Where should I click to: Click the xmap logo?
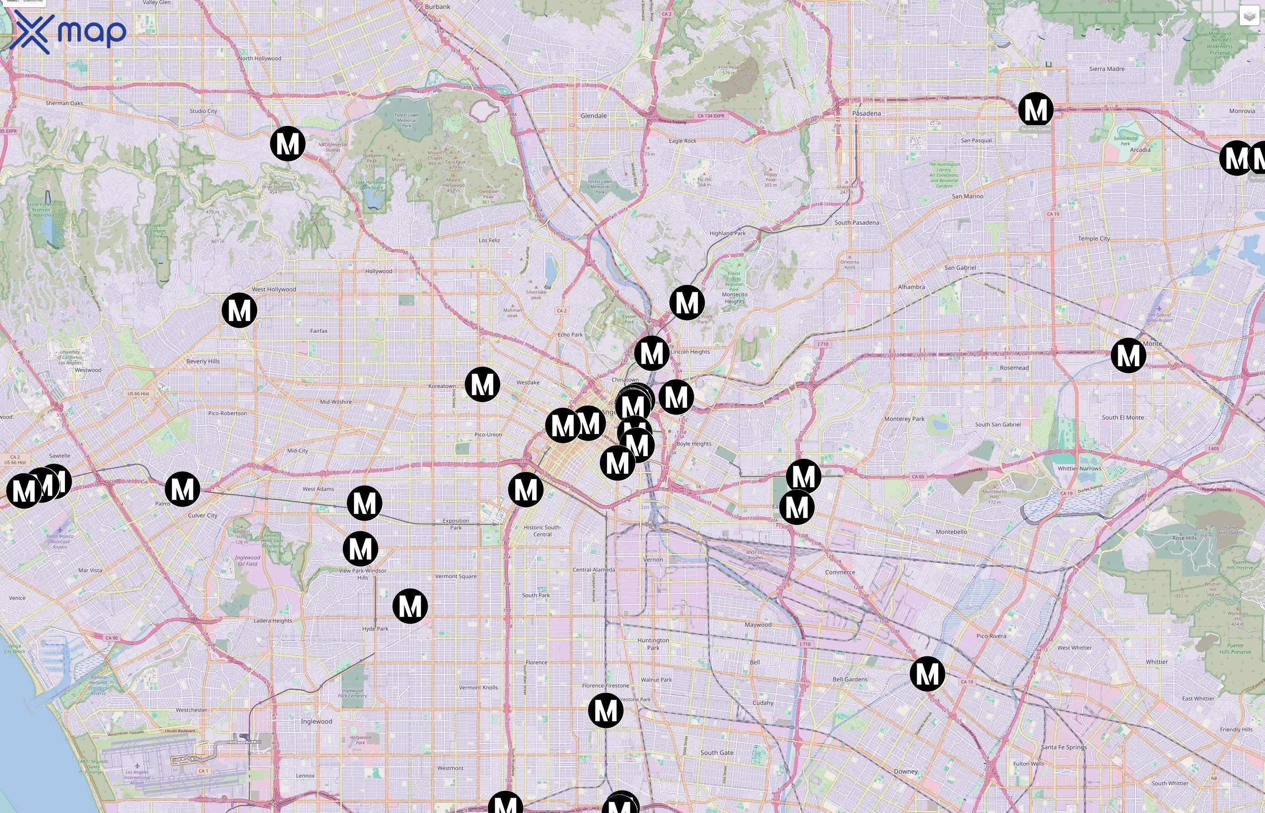click(68, 32)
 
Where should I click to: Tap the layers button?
click(1249, 16)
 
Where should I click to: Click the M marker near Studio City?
click(288, 144)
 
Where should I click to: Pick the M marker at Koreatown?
click(482, 384)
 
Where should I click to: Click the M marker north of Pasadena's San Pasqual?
click(1035, 110)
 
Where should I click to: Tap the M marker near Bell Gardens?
click(927, 674)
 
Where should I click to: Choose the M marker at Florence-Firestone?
click(605, 710)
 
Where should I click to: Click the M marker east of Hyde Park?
click(410, 606)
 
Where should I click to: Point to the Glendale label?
click(594, 116)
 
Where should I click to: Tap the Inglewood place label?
click(316, 722)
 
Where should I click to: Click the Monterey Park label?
click(904, 419)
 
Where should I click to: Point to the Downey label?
click(905, 772)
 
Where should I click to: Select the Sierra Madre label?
click(1106, 69)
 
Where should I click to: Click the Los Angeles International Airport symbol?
click(137, 766)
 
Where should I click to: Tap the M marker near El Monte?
click(1128, 356)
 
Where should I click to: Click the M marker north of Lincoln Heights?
click(687, 303)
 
